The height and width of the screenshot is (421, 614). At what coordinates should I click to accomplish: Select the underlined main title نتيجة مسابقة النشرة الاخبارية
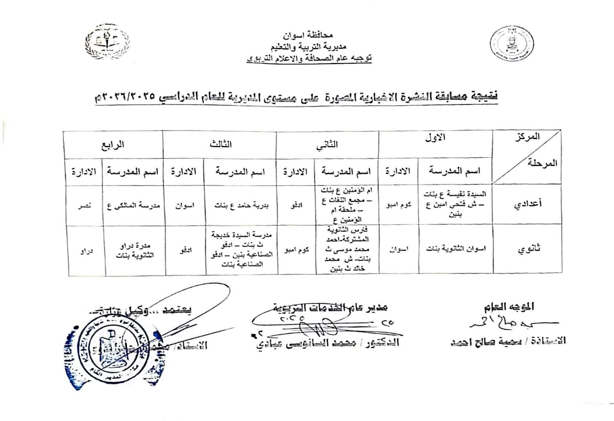coord(295,97)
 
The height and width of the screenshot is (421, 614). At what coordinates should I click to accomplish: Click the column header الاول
coord(435,137)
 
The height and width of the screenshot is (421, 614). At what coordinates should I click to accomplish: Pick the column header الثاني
coord(327,145)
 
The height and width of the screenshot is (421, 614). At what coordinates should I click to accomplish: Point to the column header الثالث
coord(221,145)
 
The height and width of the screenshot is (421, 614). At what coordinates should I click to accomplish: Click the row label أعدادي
coord(527,204)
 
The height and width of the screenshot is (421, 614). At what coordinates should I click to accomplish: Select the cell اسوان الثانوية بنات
coord(456,249)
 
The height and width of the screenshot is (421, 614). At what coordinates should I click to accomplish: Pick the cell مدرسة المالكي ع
coord(134,206)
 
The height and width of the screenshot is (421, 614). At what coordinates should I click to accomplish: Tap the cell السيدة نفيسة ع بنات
coord(455,194)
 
